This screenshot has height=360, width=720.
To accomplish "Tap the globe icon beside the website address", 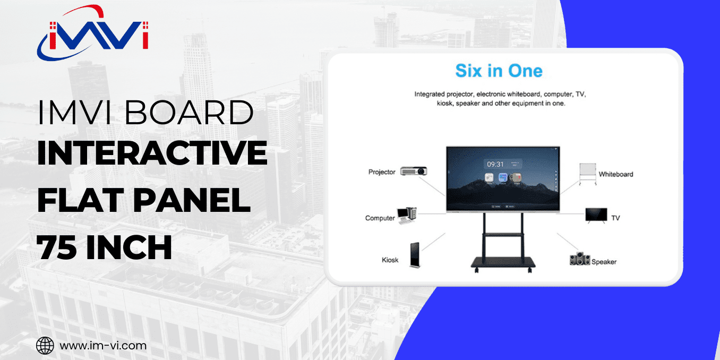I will tap(45, 346).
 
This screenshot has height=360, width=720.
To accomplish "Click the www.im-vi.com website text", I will tap(103, 346).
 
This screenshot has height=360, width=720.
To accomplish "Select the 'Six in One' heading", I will tap(499, 71).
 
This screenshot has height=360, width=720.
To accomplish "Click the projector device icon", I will tap(414, 171).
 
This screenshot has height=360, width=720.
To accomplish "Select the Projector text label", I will tap(382, 172).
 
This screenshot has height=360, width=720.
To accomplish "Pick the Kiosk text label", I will tap(390, 260).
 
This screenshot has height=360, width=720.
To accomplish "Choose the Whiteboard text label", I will tap(616, 174).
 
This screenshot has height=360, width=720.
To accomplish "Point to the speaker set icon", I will tap(580, 259).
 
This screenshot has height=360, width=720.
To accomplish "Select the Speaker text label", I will tap(604, 262).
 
